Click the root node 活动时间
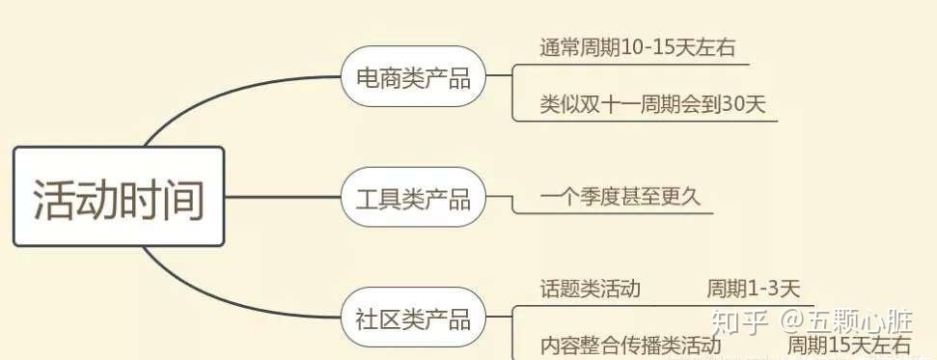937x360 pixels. click(118, 196)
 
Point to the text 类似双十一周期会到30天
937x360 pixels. click(652, 104)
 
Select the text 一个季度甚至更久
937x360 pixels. click(620, 197)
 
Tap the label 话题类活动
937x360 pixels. click(591, 289)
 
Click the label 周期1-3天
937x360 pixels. click(754, 289)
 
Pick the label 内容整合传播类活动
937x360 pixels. click(629, 346)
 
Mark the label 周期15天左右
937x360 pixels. click(848, 346)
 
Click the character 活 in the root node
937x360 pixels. click(54, 199)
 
